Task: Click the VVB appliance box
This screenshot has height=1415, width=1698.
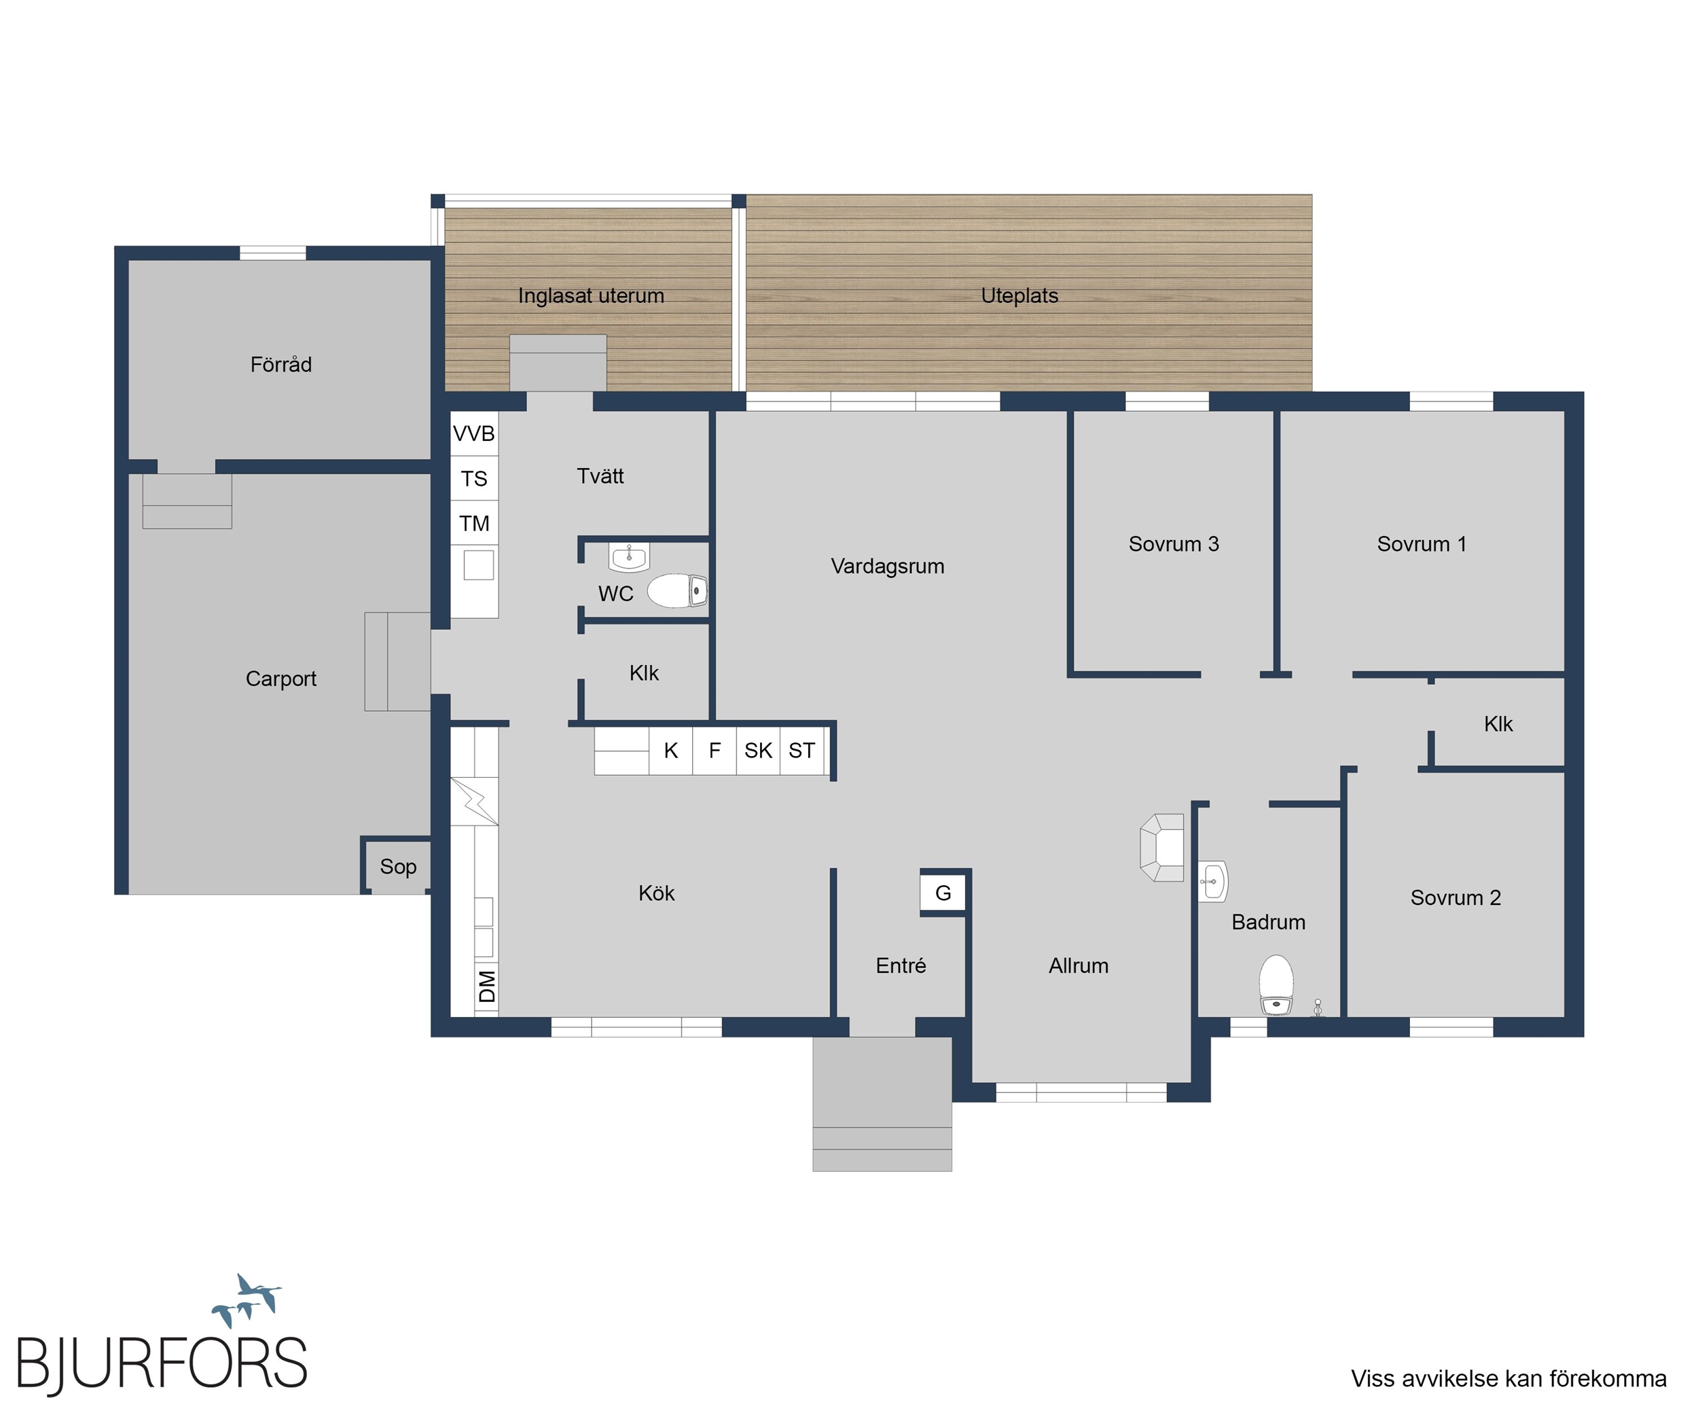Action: point(474,433)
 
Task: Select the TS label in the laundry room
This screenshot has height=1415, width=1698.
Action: point(474,479)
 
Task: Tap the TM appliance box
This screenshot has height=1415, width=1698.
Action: point(474,523)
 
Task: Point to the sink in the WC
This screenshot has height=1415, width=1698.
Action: point(629,556)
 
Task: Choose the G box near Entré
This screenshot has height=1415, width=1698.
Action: point(943,893)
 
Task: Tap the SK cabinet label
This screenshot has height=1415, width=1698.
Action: point(759,751)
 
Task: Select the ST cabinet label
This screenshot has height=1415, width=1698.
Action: point(802,751)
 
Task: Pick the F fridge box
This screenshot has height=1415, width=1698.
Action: point(715,751)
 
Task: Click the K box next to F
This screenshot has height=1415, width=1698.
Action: point(671,751)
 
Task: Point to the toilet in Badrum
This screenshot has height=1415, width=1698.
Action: point(1276,984)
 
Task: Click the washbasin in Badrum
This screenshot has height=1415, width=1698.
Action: point(1213,880)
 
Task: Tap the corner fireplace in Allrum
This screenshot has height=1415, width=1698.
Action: point(1162,847)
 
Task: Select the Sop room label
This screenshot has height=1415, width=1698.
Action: point(398,867)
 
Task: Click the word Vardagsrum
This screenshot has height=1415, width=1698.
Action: point(888,566)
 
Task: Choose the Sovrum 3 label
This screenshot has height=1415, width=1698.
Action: point(1174,544)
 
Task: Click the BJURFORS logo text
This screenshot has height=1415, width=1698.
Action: point(162,1364)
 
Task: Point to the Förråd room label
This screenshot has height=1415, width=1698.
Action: point(281,364)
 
